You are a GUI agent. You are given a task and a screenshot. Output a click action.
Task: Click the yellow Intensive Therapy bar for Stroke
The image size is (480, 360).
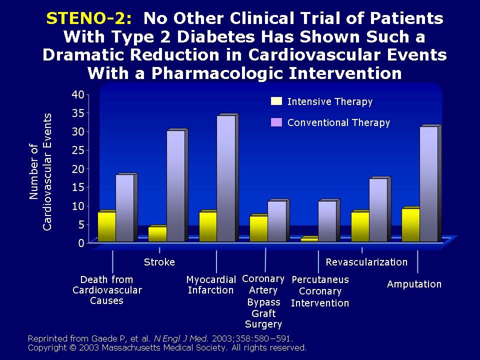(157, 234)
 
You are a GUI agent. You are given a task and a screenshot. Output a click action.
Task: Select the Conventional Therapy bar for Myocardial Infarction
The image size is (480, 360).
(225, 178)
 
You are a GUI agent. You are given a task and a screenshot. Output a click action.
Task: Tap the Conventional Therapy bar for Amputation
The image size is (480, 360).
(428, 184)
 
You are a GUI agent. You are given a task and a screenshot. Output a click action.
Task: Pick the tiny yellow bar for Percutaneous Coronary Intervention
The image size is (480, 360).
(309, 240)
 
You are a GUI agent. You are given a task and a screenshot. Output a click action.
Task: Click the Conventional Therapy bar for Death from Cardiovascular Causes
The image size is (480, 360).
(124, 208)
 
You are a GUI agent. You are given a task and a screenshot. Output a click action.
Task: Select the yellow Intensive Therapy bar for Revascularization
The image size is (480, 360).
(360, 227)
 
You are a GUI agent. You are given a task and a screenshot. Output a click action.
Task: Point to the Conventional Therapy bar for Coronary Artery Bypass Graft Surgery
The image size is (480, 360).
(276, 221)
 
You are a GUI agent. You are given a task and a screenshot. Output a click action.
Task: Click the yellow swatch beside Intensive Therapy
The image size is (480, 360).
(276, 101)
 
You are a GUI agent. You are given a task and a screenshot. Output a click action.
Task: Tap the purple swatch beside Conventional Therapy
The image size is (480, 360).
(276, 122)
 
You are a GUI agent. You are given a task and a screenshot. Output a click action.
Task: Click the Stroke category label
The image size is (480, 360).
(159, 262)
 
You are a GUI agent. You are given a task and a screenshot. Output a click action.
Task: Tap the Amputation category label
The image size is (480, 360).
(414, 284)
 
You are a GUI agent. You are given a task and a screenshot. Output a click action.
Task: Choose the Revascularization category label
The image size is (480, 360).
(366, 262)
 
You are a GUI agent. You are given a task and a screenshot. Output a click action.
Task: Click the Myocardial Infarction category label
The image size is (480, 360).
(210, 285)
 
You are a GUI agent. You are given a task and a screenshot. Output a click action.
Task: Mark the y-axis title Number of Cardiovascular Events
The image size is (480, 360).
(40, 171)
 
